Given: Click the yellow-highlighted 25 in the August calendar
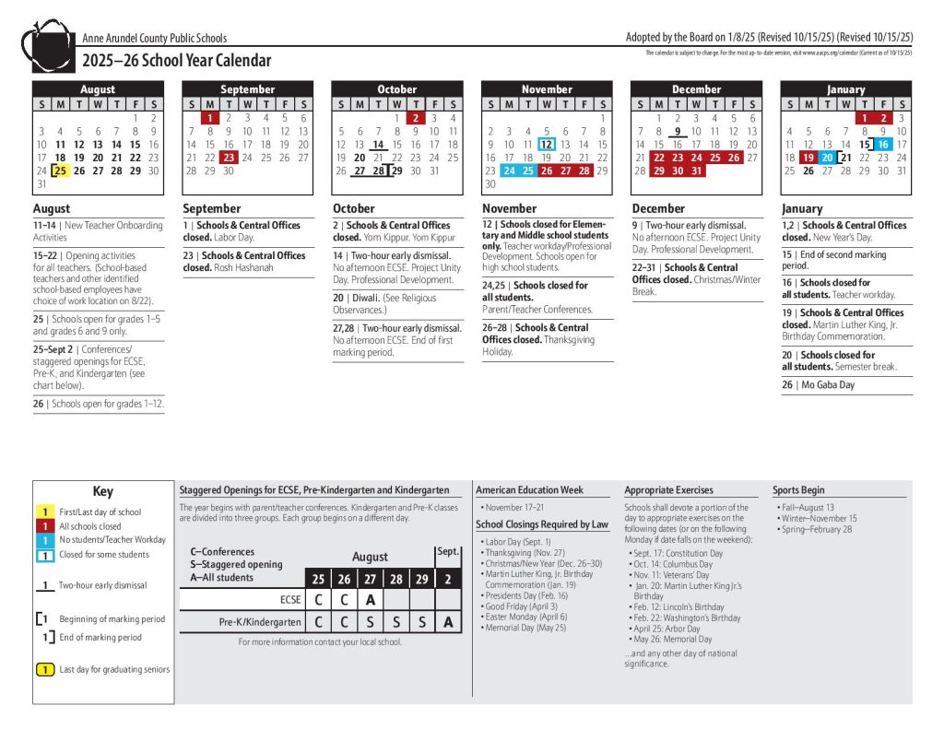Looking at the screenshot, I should [x=61, y=170].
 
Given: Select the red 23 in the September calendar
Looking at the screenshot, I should [x=229, y=158].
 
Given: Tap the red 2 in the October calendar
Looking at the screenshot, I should [x=416, y=118].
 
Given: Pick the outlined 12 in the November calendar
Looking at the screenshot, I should [x=546, y=145].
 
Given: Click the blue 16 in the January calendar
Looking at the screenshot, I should [x=882, y=145].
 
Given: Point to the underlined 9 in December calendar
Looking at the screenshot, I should [x=678, y=132].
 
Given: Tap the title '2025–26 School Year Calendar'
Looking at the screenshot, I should [x=177, y=61].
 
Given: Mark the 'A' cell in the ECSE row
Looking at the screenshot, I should [x=370, y=599].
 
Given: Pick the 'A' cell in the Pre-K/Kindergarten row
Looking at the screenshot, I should [x=447, y=622].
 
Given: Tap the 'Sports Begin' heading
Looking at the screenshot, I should [x=798, y=490].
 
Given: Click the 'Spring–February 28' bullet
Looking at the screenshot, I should [x=815, y=529].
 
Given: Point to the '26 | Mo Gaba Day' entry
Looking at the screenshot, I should [x=819, y=385].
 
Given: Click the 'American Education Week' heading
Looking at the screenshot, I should [x=529, y=490].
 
